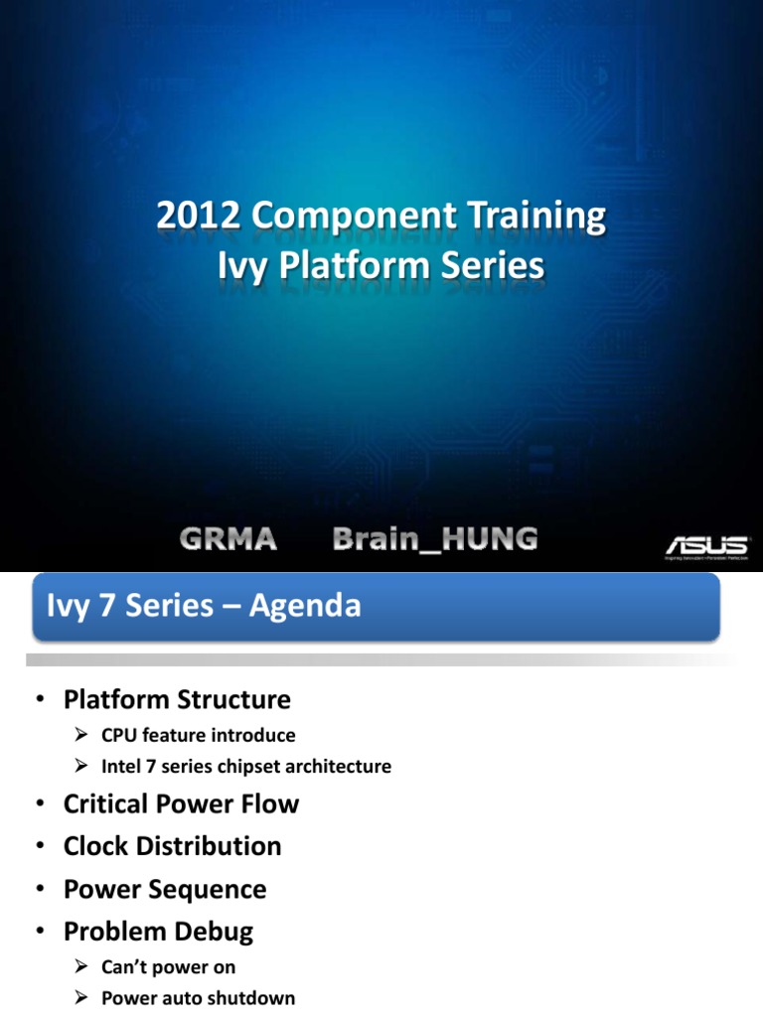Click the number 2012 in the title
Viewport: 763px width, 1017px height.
click(x=198, y=216)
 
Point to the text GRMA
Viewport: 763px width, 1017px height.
click(x=229, y=539)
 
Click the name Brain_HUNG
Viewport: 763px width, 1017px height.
click(x=435, y=539)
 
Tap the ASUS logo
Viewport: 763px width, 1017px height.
click(x=707, y=547)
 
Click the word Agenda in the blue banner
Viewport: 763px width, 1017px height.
click(x=305, y=607)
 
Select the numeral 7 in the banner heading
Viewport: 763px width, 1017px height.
click(x=107, y=606)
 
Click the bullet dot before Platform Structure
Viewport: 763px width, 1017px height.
click(x=40, y=699)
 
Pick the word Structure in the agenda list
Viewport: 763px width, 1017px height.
click(x=233, y=700)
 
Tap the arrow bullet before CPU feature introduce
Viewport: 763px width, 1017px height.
click(x=81, y=735)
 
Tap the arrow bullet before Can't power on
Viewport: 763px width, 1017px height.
click(x=81, y=967)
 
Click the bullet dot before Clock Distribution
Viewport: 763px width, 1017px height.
click(x=40, y=846)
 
